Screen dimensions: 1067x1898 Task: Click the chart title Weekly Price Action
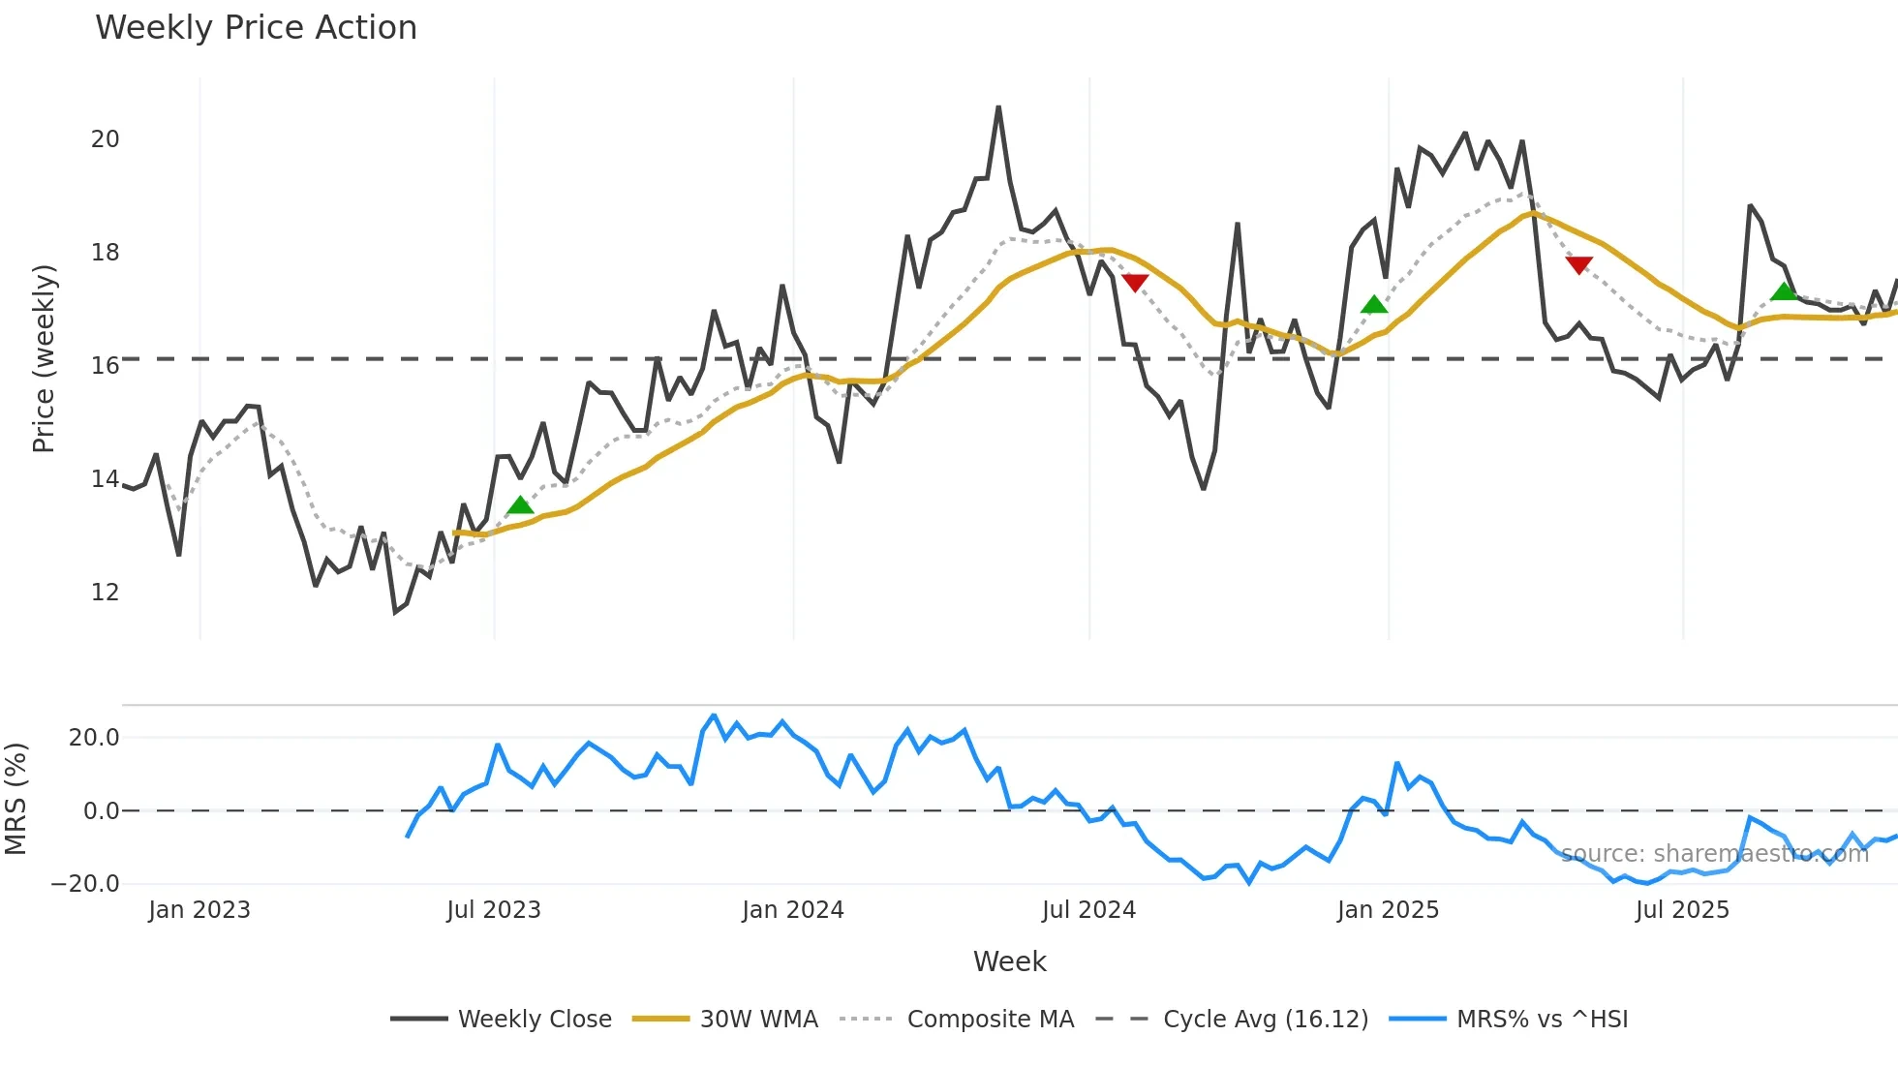256,28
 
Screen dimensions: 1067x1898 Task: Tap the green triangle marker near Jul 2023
520,505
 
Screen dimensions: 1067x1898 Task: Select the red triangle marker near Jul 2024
1135,283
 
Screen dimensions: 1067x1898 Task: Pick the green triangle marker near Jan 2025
1374,305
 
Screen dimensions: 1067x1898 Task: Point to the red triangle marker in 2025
1578,264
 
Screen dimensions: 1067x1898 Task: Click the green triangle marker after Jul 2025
1784,291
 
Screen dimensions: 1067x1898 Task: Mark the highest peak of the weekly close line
998,107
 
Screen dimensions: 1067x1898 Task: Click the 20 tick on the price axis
106,139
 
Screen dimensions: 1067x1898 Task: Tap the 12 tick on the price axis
106,593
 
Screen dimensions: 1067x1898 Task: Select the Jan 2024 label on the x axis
793,910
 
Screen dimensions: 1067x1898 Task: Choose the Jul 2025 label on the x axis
1682,910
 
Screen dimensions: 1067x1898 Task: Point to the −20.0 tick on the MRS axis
85,884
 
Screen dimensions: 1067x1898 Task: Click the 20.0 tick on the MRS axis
94,738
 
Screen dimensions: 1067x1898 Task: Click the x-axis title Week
1009,961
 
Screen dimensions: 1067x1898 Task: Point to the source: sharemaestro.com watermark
1714,854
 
